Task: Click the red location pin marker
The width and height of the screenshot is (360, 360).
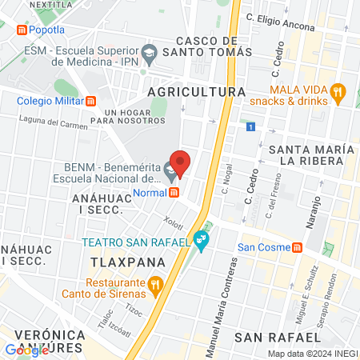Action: [x=180, y=162]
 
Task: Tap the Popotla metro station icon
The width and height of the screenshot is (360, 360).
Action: [x=22, y=30]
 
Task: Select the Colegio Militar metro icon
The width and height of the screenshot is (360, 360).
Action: [x=92, y=101]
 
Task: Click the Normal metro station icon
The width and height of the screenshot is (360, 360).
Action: [x=174, y=192]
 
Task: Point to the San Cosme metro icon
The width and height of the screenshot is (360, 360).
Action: [x=297, y=246]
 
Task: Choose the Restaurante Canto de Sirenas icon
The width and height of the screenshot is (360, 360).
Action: [x=156, y=282]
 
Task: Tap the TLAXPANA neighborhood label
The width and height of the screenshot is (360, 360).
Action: [x=128, y=262]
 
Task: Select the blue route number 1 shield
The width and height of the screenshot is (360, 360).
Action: [x=251, y=127]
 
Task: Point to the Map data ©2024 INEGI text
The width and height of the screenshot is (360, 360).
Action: [x=311, y=354]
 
